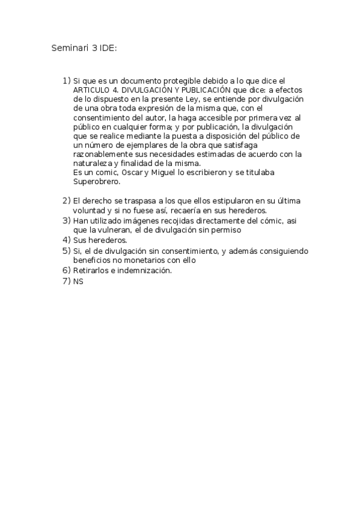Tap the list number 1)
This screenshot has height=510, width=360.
(x=66, y=80)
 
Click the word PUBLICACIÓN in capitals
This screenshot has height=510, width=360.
(x=204, y=89)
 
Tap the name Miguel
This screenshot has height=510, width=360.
(x=165, y=173)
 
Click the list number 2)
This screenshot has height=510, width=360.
(x=66, y=200)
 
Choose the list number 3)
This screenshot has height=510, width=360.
(x=66, y=220)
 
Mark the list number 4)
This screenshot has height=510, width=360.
(x=66, y=240)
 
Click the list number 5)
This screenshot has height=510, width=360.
(x=66, y=250)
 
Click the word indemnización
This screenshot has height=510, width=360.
(x=142, y=271)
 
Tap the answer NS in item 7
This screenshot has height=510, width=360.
(x=78, y=281)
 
